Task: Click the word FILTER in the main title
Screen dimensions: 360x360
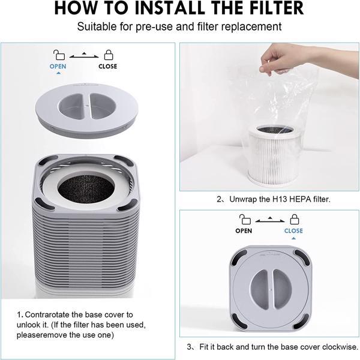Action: [267, 10]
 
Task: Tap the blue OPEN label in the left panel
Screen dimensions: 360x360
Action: [58, 67]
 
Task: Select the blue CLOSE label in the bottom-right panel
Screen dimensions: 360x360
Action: [293, 230]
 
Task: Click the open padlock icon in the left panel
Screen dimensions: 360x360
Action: [58, 55]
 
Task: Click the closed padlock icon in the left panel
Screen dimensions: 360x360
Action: [109, 55]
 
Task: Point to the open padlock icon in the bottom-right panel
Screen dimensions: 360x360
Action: [244, 218]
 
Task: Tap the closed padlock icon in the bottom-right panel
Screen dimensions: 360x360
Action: [293, 218]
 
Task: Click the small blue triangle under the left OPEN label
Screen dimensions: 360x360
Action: [58, 73]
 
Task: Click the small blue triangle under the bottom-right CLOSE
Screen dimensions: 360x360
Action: [293, 238]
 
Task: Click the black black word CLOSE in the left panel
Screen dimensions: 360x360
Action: [109, 67]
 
